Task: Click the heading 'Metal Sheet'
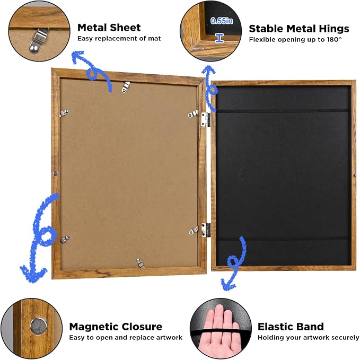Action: [109, 28]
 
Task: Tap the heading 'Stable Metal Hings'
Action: [299, 29]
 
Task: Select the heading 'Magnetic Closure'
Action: [116, 327]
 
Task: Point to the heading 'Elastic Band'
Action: [291, 327]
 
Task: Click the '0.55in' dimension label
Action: [222, 21]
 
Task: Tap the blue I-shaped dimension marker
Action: [219, 38]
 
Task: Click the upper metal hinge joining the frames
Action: [206, 120]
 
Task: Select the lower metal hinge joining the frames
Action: [206, 230]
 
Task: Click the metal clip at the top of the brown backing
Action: [126, 87]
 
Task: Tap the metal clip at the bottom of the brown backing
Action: [140, 263]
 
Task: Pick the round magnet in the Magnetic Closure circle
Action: [38, 326]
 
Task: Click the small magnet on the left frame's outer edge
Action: [56, 173]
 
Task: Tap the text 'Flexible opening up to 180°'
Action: [295, 40]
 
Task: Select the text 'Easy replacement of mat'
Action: [119, 38]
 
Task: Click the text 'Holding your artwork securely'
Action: [309, 338]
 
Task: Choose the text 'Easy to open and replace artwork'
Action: [126, 338]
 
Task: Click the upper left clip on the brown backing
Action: [64, 113]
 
